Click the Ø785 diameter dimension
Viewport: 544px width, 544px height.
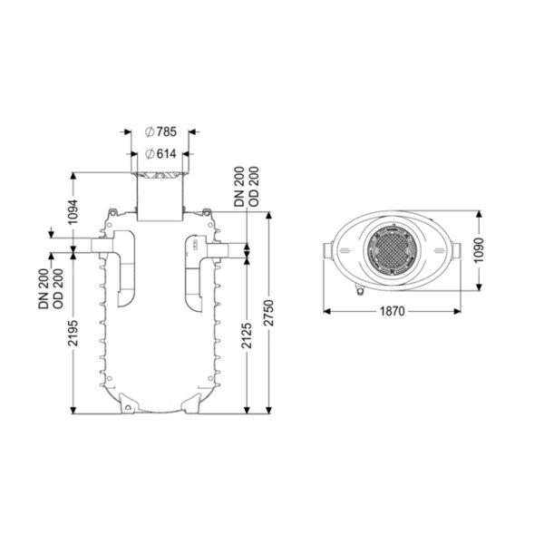pyautogui.click(x=160, y=131)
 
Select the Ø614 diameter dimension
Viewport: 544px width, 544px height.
pyautogui.click(x=160, y=154)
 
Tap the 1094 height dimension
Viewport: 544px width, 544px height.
pyautogui.click(x=73, y=211)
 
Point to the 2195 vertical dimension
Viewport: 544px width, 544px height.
pyautogui.click(x=73, y=333)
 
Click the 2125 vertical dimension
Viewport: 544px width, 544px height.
pyautogui.click(x=247, y=335)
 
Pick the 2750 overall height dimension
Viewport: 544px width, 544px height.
pyautogui.click(x=269, y=313)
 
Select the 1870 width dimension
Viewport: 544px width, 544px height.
pyautogui.click(x=392, y=311)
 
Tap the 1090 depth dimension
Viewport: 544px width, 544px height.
pyautogui.click(x=479, y=250)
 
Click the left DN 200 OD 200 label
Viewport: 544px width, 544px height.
pyautogui.click(x=51, y=288)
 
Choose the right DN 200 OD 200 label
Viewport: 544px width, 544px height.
pyautogui.click(x=247, y=187)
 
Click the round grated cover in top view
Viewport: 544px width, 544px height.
pyautogui.click(x=392, y=250)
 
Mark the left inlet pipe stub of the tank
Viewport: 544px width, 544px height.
pyautogui.click(x=102, y=246)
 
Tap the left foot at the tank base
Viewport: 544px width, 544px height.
pyautogui.click(x=129, y=403)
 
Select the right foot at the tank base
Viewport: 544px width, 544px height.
pyautogui.click(x=191, y=403)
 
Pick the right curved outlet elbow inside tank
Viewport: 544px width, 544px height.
pyautogui.click(x=195, y=274)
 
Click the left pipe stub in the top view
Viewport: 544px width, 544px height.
pyautogui.click(x=328, y=250)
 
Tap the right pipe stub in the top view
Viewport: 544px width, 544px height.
pyautogui.click(x=456, y=250)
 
